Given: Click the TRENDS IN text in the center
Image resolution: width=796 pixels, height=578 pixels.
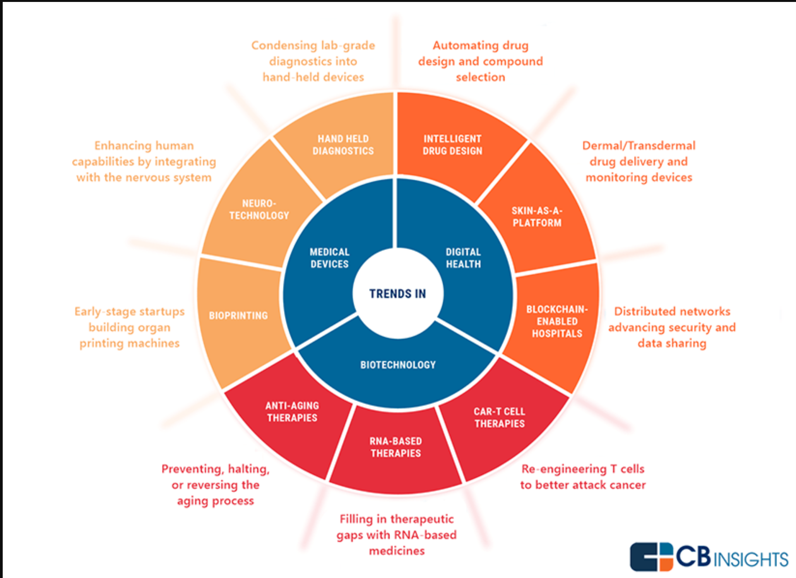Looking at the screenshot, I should (397, 294).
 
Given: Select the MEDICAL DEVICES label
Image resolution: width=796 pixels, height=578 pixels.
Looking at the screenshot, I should (329, 258).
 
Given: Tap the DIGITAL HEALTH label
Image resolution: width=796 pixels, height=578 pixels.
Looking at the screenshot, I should (463, 258).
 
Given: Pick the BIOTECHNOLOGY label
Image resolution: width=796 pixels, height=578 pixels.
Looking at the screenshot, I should (398, 365).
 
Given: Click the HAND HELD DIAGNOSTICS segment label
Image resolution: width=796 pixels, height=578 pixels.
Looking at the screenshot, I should (343, 145).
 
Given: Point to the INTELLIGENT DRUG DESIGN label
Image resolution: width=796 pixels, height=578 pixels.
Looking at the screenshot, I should (452, 145).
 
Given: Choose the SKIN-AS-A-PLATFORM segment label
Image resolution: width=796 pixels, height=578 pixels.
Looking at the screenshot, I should (537, 217).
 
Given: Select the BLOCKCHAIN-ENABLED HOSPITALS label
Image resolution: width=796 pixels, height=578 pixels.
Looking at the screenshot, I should (557, 321).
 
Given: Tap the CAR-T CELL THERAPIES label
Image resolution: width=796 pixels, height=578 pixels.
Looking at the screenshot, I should (500, 417).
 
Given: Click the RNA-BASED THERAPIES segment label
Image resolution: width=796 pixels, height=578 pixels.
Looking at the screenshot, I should (395, 447).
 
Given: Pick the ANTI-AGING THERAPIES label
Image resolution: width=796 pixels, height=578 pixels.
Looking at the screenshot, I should (292, 412).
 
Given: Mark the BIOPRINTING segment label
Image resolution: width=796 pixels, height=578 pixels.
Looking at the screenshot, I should (238, 316).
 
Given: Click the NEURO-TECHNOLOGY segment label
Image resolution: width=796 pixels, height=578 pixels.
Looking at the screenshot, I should (259, 209).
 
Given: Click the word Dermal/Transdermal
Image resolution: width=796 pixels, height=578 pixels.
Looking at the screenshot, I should (639, 146).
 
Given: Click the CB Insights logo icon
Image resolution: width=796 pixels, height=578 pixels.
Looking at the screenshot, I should (651, 557).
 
